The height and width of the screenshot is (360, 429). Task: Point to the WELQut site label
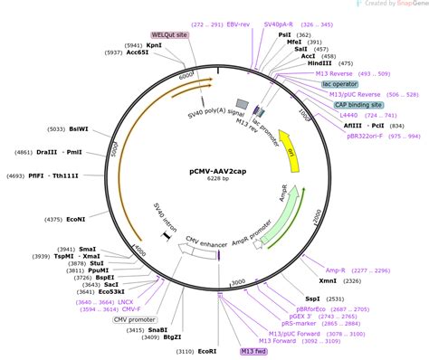pyautogui.click(x=169, y=33)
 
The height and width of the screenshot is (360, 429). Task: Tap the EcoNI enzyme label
pyautogui.click(x=76, y=218)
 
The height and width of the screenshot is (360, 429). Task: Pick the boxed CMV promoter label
pyautogui.click(x=132, y=319)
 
